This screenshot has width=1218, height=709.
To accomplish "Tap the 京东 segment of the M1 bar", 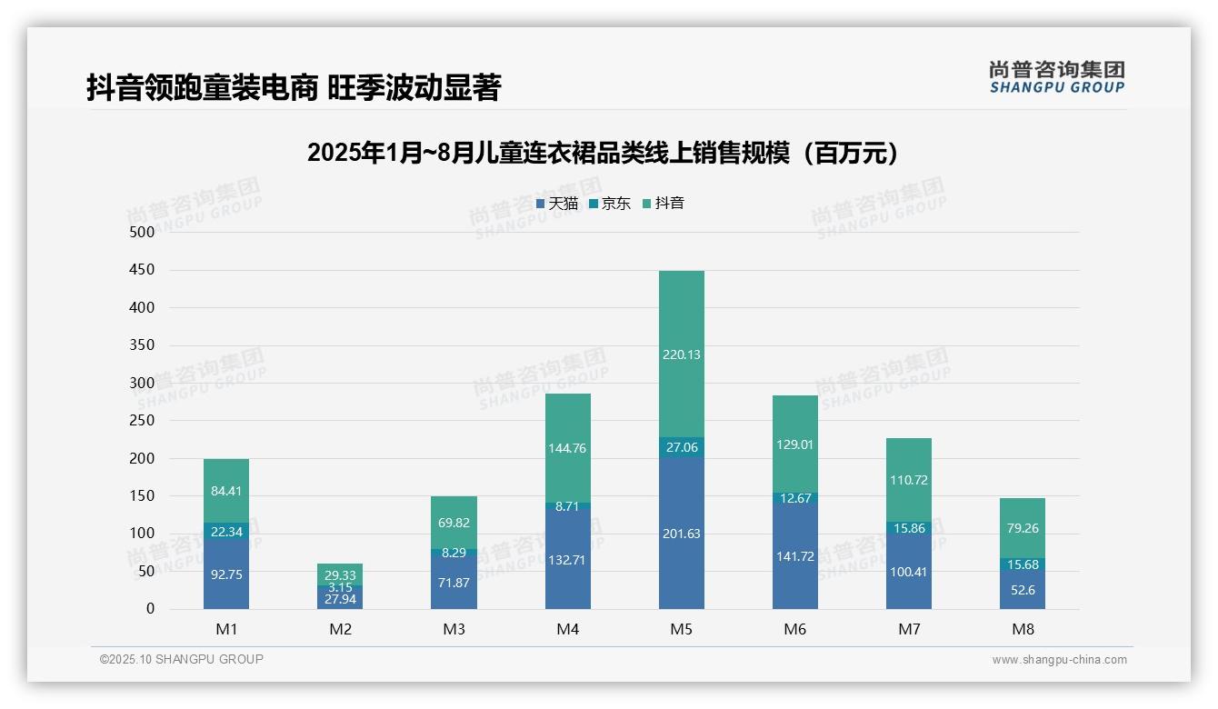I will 226,531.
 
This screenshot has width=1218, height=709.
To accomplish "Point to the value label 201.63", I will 681,534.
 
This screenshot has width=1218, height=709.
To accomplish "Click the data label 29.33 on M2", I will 340,575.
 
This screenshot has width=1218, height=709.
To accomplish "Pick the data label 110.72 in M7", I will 909,480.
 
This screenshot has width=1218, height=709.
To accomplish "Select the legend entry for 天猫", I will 557,204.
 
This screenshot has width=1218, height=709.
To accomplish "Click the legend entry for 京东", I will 610,204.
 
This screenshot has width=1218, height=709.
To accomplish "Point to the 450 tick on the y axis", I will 143,270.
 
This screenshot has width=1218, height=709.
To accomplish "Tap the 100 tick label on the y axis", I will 143,534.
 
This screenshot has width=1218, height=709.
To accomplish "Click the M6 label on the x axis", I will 794,629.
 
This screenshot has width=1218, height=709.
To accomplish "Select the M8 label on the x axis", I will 1023,629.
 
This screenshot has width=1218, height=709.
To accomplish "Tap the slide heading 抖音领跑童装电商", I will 294,88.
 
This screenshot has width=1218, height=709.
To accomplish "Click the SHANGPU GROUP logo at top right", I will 1056,77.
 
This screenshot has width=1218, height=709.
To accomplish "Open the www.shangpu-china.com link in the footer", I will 1059,660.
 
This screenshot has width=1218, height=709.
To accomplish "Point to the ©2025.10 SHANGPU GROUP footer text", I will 182,659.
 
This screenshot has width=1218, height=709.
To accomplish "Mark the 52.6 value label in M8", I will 1023,590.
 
